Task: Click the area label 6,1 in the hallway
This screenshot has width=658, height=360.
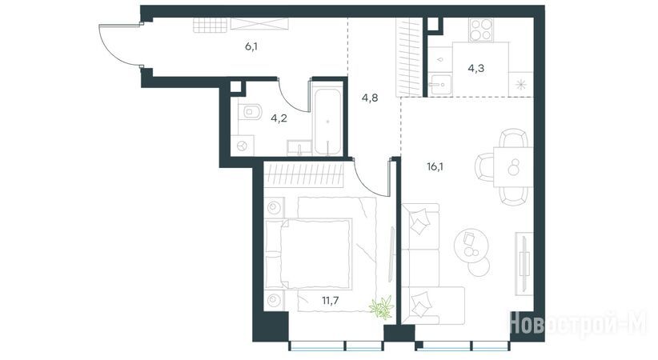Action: coord(251,46)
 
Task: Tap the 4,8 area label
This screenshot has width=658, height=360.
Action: coord(370,98)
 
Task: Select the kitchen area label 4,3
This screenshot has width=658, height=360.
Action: coord(475,68)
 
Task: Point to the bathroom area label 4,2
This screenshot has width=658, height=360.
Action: coord(279,118)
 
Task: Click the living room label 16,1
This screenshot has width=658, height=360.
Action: coord(435,167)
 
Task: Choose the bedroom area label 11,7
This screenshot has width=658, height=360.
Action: coord(331,301)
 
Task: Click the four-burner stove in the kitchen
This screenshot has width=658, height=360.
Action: coord(480,30)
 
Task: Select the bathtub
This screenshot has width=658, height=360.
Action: coord(327,122)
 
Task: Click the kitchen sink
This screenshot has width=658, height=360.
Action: coord(439,85)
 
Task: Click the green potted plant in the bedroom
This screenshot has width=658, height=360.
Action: coord(383,307)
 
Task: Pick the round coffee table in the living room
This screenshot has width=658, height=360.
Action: coord(471,246)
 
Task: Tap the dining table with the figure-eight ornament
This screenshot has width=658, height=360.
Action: coord(513,167)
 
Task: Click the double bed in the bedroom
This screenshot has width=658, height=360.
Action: coord(308,254)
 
